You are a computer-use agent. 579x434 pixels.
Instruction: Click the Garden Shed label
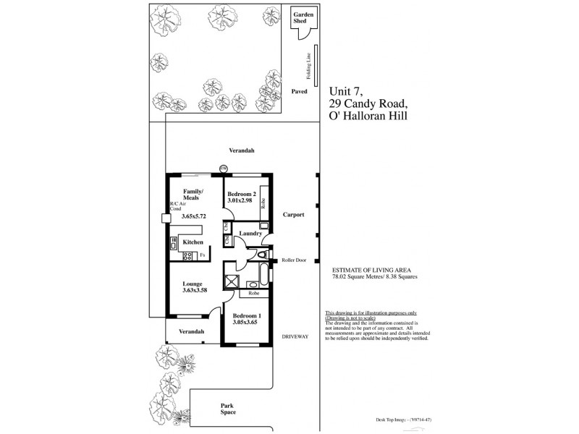[x=300, y=17]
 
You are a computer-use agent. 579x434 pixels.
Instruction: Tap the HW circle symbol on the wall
[x=224, y=169]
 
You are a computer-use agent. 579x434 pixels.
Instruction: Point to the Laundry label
[x=250, y=233]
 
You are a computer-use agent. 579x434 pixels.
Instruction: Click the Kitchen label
[x=193, y=242]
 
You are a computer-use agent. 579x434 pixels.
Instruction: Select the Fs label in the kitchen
[x=203, y=255]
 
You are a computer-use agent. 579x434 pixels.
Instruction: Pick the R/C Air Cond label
[x=178, y=206]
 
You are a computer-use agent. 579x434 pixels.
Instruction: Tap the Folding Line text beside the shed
[x=308, y=66]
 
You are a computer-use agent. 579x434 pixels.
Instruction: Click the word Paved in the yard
[x=299, y=92]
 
